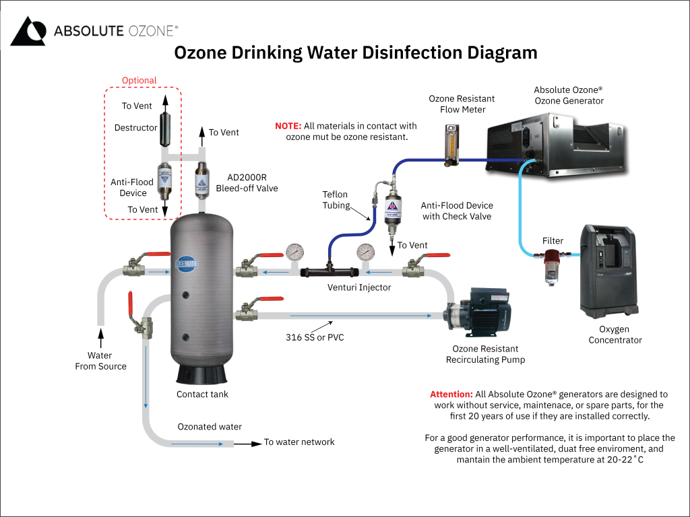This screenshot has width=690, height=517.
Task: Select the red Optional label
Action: click(x=139, y=81)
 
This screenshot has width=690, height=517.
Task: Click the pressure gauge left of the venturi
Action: click(x=295, y=252)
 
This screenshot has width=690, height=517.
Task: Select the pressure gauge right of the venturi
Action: click(x=366, y=252)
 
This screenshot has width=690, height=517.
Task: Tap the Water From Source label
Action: click(x=100, y=361)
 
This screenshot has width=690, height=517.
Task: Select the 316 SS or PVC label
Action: click(x=315, y=337)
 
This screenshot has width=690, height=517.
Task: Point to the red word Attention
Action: click(x=451, y=394)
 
